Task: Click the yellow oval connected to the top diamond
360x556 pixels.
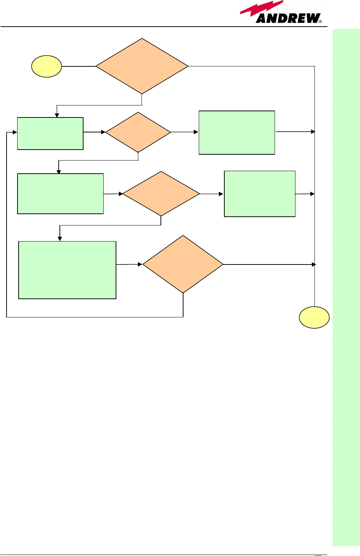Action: (46, 66)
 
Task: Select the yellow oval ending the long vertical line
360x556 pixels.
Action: (314, 317)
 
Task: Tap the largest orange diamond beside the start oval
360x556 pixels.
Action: (142, 66)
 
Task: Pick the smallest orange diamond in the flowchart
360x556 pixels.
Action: (138, 132)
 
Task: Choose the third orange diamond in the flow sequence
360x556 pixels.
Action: (161, 194)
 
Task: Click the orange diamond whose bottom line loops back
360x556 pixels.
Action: (183, 264)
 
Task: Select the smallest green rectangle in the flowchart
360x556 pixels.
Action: (50, 134)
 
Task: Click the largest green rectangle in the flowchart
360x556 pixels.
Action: (67, 270)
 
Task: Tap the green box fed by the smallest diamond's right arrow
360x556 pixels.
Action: (237, 132)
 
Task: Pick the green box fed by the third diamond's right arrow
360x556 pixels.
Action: (259, 194)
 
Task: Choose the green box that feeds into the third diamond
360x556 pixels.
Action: (60, 194)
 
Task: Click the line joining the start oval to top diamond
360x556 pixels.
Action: (78, 66)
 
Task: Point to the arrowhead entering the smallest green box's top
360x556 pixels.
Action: (57, 115)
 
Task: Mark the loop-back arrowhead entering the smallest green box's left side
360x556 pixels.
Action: (15, 132)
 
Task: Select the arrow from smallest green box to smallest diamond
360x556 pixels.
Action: (94, 132)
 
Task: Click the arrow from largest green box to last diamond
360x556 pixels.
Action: (129, 264)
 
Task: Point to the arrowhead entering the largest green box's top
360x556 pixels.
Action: (60, 239)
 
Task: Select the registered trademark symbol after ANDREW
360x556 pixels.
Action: (320, 22)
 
